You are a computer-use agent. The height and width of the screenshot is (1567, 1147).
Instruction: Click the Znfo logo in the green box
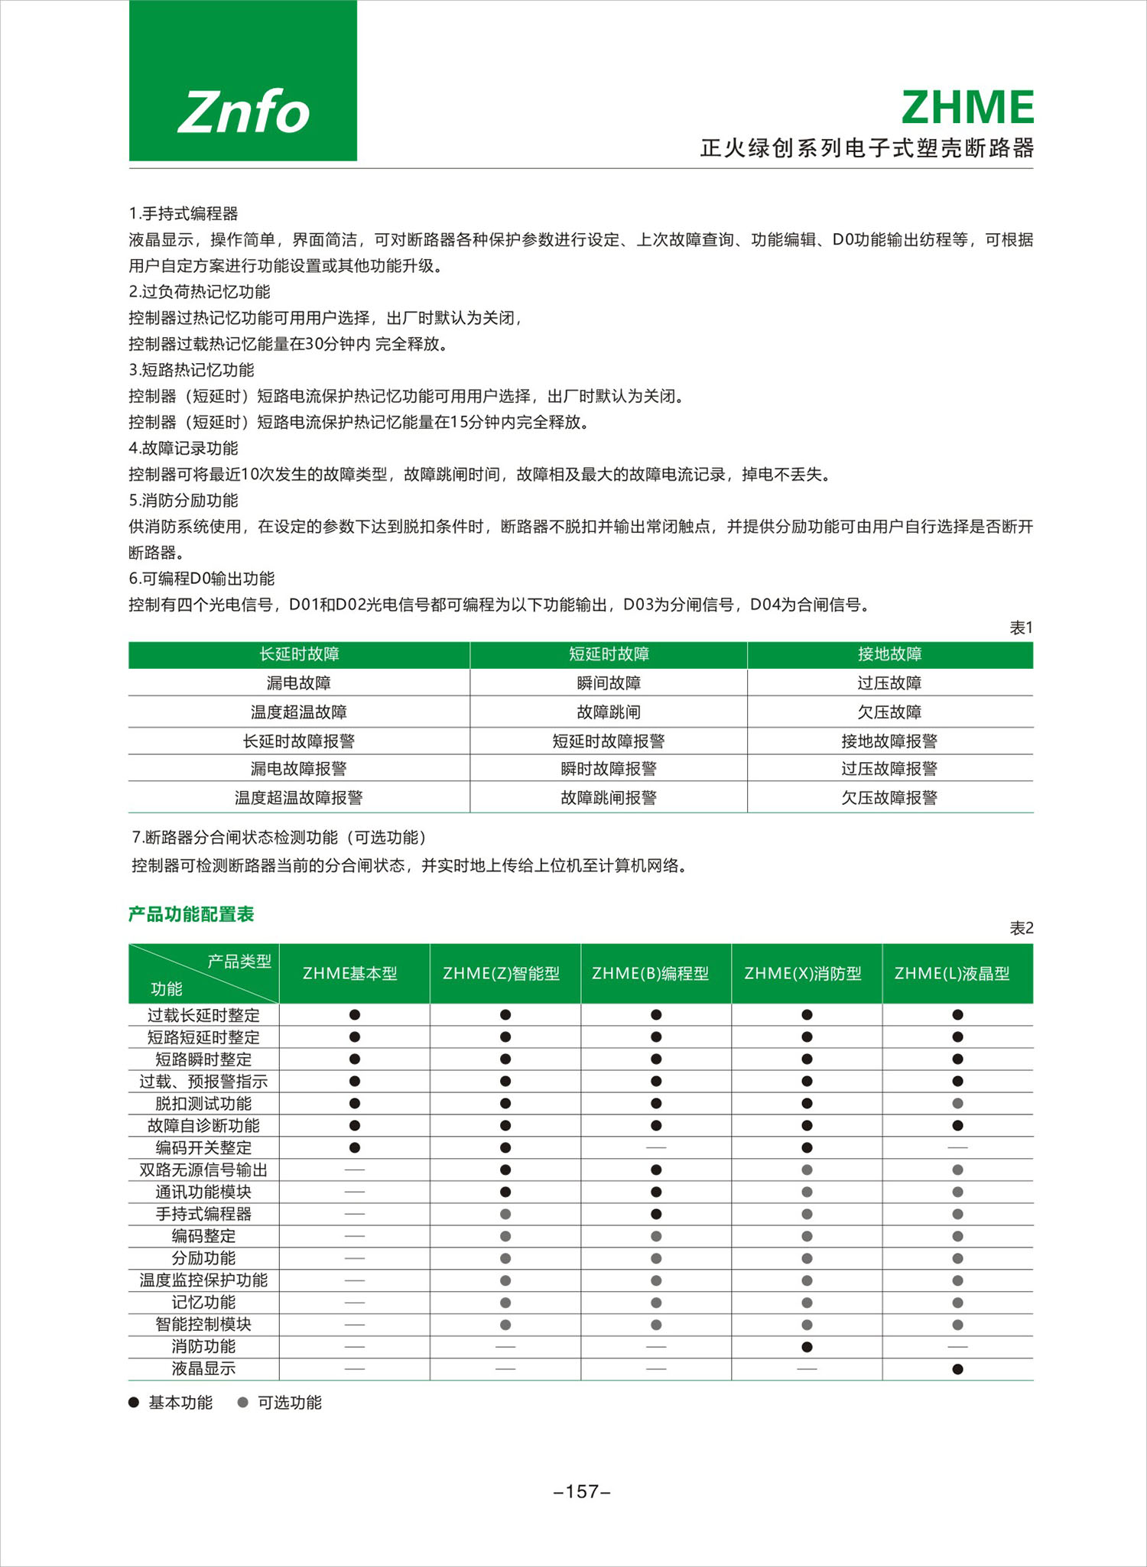(243, 112)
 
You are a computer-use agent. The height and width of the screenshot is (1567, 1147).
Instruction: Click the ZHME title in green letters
(967, 108)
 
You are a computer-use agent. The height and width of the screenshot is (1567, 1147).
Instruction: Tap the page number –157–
(582, 1491)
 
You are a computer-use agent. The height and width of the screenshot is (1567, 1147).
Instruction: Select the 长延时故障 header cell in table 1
(299, 654)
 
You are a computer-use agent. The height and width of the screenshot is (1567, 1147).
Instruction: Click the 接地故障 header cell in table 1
(889, 654)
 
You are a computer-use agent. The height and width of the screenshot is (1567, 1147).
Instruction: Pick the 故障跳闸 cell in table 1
(609, 712)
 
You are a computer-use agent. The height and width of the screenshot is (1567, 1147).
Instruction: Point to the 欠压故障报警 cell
(889, 798)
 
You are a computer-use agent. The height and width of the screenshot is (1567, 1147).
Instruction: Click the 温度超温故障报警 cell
(299, 798)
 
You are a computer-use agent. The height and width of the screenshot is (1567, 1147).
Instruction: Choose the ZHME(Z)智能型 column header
(502, 974)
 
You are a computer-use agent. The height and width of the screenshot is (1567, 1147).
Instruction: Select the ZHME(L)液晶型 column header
(953, 974)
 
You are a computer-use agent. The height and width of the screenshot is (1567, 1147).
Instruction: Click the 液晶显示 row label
(203, 1369)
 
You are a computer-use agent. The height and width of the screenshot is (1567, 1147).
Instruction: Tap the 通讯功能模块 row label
(203, 1192)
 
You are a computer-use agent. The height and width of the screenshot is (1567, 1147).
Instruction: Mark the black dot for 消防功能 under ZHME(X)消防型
(807, 1347)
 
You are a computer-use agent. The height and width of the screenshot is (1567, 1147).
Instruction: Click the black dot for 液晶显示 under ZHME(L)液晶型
(957, 1369)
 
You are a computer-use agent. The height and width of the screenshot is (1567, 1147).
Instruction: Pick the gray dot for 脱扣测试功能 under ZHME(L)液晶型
(957, 1104)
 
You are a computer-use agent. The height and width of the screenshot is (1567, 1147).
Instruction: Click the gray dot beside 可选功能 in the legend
(243, 1403)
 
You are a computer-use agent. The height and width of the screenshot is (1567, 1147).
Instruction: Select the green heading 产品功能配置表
(191, 915)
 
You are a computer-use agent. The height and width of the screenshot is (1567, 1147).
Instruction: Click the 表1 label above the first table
(1021, 628)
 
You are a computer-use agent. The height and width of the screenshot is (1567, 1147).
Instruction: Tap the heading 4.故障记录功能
(184, 449)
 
